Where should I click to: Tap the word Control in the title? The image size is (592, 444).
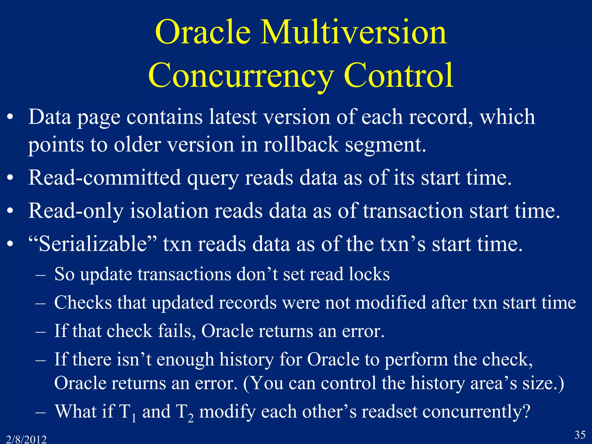coord(398,76)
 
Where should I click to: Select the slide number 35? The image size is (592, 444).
coord(580,435)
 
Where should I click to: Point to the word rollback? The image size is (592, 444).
coord(301,145)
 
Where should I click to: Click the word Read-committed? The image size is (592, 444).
coord(104,177)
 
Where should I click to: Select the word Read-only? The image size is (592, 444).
coord(76,211)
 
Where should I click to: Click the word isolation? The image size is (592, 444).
coord(169,211)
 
